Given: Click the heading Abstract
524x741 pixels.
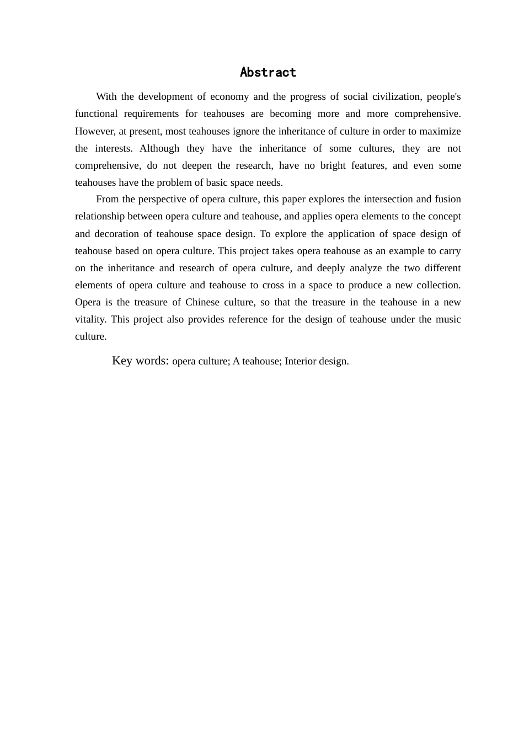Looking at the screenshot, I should pyautogui.click(x=268, y=72).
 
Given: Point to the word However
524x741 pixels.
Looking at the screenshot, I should pyautogui.click(x=95, y=131).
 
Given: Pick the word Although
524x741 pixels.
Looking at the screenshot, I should pyautogui.click(x=159, y=148).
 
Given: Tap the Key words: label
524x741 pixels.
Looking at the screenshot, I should pyautogui.click(x=140, y=361).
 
